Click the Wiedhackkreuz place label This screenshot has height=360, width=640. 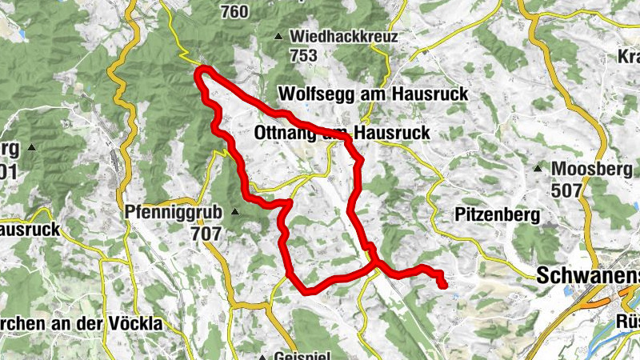coord(344,37)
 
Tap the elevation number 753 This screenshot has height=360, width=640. coord(305,55)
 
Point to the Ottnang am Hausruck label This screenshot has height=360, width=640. coord(342,133)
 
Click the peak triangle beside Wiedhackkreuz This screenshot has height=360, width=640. coord(278,37)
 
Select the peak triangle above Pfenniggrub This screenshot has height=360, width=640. coord(234,212)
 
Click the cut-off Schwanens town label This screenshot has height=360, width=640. coord(589,276)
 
